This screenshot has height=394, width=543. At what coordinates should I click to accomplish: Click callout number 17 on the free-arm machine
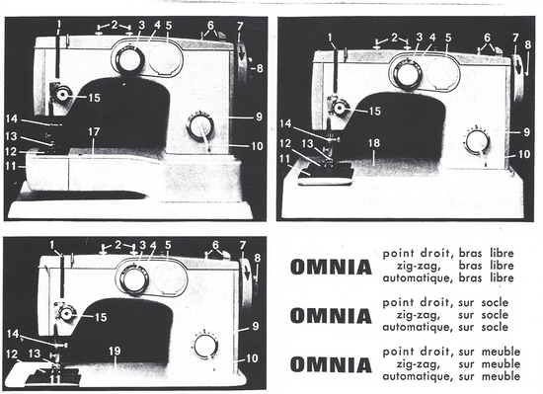pyautogui.click(x=94, y=132)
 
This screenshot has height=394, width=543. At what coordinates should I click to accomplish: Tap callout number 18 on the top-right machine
pyautogui.click(x=374, y=143)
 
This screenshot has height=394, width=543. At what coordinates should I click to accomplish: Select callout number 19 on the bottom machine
pyautogui.click(x=115, y=352)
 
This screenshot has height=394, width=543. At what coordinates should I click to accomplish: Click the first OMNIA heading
pyautogui.click(x=331, y=267)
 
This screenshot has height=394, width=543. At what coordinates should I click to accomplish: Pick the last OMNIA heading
pyautogui.click(x=331, y=365)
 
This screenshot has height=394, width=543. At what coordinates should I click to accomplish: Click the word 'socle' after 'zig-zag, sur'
pyautogui.click(x=495, y=315)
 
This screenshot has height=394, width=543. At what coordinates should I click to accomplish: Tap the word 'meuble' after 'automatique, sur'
pyautogui.click(x=502, y=376)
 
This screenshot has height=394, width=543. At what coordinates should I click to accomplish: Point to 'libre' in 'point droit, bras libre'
pyautogui.click(x=502, y=253)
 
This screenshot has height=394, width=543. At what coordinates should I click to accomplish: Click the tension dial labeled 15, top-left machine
pyautogui.click(x=62, y=94)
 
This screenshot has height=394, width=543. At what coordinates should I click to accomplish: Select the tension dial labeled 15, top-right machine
pyautogui.click(x=340, y=109)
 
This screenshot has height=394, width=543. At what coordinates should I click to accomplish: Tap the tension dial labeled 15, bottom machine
pyautogui.click(x=66, y=314)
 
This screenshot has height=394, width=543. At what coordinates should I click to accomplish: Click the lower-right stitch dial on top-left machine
pyautogui.click(x=200, y=127)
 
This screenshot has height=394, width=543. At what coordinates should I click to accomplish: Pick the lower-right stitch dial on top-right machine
pyautogui.click(x=478, y=143)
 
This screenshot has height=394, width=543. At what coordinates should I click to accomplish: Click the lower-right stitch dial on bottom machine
pyautogui.click(x=205, y=348)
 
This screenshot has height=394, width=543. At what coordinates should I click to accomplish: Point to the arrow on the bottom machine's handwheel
pyautogui.click(x=247, y=274)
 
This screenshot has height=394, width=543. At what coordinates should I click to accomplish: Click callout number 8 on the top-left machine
pyautogui.click(x=260, y=68)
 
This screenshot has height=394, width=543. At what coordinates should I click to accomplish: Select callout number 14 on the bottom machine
pyautogui.click(x=13, y=334)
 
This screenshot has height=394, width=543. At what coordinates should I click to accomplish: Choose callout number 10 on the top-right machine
pyautogui.click(x=524, y=154)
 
